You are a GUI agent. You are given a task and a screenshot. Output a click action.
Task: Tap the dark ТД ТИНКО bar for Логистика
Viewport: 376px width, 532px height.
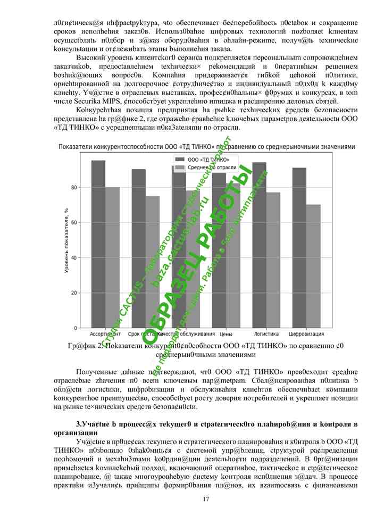pos(259,245)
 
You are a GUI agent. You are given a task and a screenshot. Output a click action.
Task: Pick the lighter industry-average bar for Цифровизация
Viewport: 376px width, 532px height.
pos(313,266)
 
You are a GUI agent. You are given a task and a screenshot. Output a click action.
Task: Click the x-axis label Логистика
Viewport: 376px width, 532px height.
pos(266,334)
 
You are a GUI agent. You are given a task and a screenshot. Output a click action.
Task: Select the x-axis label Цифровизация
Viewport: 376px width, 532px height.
pos(306,334)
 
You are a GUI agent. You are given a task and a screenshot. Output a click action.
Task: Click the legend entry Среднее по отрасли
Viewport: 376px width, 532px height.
pos(205,167)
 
